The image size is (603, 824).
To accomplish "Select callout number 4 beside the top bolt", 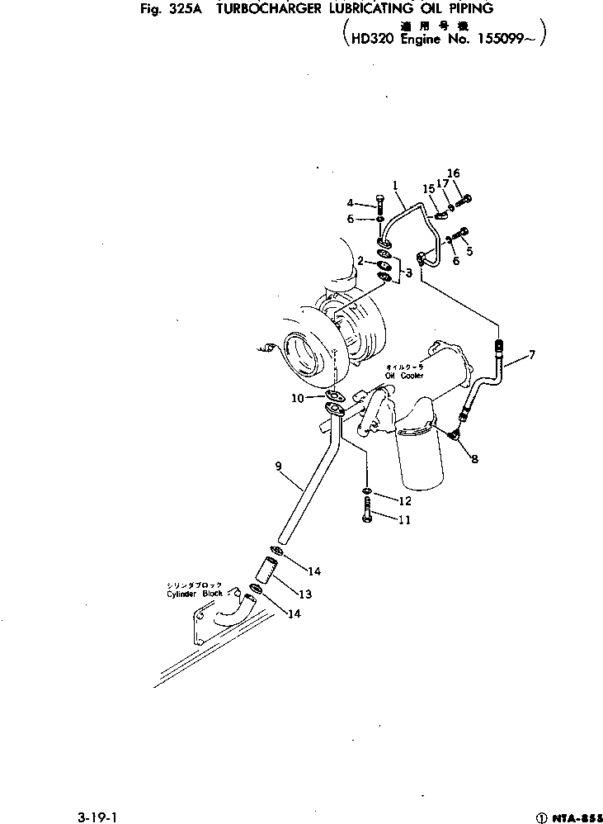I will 350,203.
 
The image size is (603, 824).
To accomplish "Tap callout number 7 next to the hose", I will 532,355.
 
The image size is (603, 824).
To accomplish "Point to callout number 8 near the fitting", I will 474,458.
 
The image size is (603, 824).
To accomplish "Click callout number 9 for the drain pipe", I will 279,466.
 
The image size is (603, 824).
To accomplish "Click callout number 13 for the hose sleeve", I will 304,593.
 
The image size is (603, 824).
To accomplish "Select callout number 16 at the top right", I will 453,173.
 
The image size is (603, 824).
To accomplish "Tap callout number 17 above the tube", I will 442,183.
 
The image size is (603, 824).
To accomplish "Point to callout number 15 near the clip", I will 428,189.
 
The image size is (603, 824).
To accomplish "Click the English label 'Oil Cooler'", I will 403,376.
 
